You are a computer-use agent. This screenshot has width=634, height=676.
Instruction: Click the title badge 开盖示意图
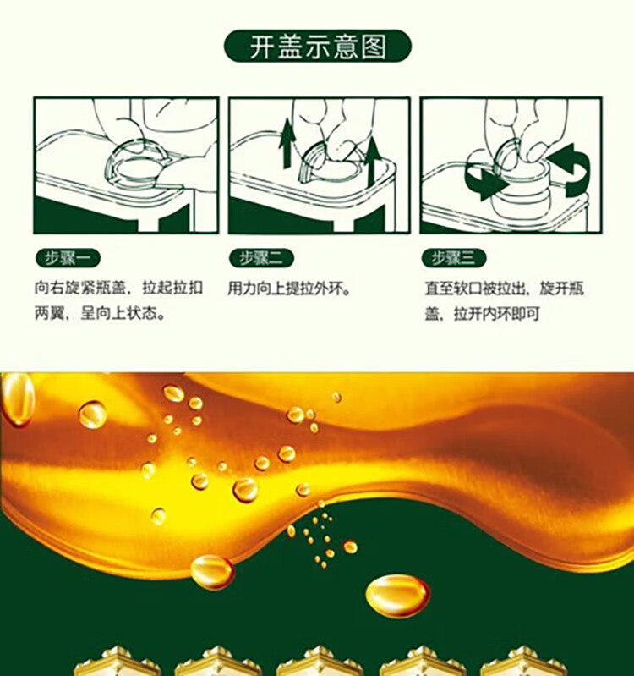point(318,47)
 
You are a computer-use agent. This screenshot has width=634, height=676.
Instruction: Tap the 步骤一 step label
point(68,258)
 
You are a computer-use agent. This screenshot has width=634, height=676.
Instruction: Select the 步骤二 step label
point(261,258)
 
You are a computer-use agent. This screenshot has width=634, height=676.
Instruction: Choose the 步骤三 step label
point(454,258)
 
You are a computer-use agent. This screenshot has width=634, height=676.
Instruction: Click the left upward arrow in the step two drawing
point(287,144)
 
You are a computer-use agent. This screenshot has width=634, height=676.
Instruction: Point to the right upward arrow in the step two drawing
point(373,161)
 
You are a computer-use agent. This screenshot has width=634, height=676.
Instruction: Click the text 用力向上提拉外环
point(289,289)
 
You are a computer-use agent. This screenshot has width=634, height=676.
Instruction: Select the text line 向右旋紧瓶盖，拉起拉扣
point(118,288)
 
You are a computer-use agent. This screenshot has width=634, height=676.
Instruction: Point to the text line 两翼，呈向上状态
point(100,313)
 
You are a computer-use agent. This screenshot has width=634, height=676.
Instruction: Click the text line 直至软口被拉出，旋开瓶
point(504,289)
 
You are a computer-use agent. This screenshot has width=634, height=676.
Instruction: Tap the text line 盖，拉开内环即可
point(482,314)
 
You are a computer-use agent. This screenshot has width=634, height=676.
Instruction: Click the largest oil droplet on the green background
point(396,596)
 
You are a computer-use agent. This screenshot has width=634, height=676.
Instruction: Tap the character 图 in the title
point(374,47)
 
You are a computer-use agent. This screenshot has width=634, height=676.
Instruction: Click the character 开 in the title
point(262,47)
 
